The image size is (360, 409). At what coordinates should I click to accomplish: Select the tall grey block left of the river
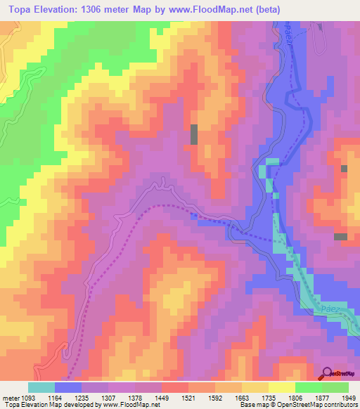click(194, 134)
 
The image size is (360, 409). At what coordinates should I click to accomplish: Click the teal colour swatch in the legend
click(41, 387)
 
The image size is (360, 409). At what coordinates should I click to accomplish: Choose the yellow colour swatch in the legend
click(282, 387)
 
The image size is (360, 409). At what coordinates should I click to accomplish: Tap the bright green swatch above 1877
click(309, 387)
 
